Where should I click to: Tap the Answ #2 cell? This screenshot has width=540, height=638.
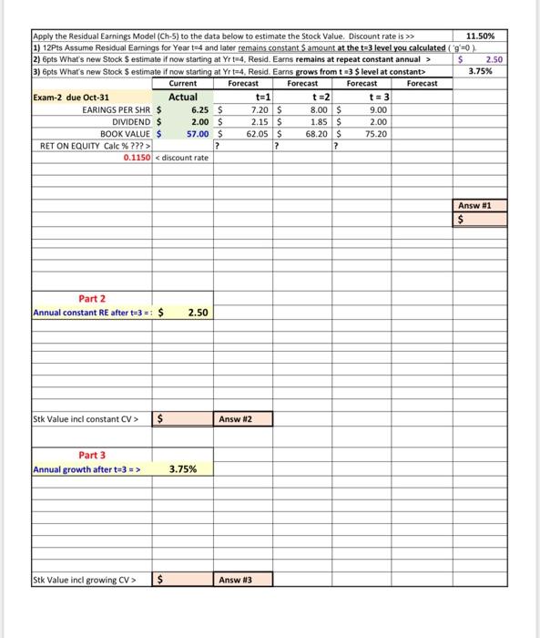click(235, 419)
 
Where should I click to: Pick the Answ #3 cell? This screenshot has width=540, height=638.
click(235, 578)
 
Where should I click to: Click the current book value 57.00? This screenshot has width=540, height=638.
click(199, 133)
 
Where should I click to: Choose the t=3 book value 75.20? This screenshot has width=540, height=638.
click(375, 133)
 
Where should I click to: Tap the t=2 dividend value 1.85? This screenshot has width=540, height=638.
click(319, 120)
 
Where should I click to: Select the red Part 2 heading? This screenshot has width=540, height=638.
click(91, 298)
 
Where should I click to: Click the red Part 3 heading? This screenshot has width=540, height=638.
click(91, 455)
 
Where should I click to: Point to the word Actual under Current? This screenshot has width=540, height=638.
click(183, 97)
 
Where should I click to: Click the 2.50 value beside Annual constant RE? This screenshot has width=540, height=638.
click(199, 312)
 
